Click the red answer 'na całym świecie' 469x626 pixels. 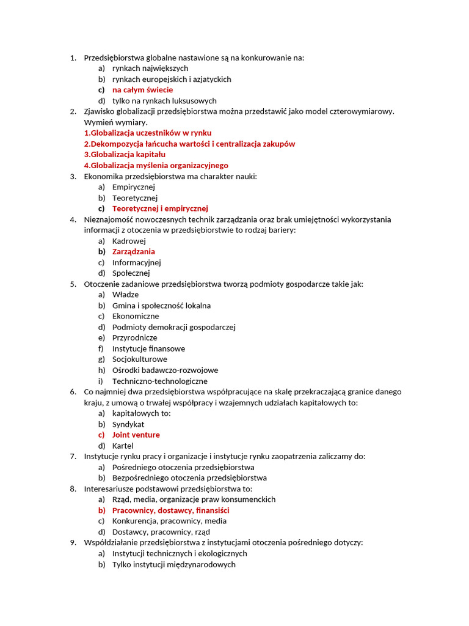[x=142, y=90]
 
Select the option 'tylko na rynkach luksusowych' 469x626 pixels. [x=164, y=101]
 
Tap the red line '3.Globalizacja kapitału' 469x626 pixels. [x=125, y=155]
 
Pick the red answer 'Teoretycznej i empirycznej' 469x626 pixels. [x=160, y=208]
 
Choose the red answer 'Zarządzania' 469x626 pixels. [x=133, y=251]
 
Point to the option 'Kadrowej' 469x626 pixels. [x=129, y=241]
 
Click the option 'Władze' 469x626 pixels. [x=125, y=295]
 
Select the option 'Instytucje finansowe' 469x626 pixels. [x=148, y=348]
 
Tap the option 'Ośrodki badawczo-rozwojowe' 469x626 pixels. [x=165, y=370]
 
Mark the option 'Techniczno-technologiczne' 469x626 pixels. [x=159, y=381]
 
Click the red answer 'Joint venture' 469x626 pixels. [x=136, y=435]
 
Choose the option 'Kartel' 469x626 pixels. [x=122, y=446]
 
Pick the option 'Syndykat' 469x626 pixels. [x=128, y=424]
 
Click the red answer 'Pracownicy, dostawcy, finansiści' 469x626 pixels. [x=170, y=510]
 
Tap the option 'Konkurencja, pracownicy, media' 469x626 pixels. [x=169, y=521]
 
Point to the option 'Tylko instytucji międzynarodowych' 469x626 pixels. [x=173, y=564]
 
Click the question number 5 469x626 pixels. [x=72, y=284]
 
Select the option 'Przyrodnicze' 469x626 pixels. [x=134, y=337]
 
